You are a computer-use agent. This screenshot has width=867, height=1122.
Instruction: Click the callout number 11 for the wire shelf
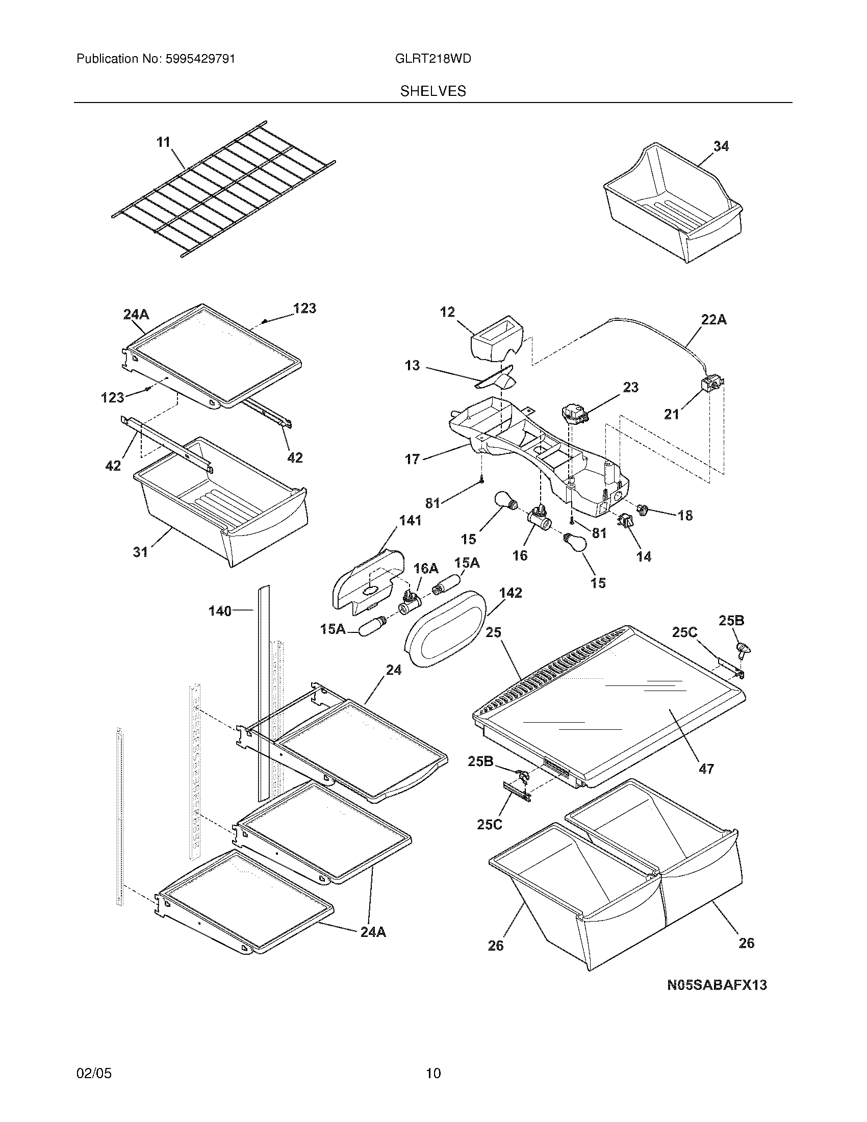[163, 142]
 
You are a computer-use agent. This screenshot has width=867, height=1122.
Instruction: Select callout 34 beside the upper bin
[721, 146]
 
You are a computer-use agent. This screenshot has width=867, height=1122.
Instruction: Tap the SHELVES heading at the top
[433, 91]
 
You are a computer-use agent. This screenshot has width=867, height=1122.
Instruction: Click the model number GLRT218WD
[433, 59]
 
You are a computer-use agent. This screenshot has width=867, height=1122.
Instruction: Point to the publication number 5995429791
[200, 59]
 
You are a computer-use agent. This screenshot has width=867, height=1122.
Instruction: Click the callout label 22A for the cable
[713, 320]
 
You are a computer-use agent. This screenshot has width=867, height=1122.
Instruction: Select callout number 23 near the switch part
[630, 387]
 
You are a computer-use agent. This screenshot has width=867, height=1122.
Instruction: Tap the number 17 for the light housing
[412, 459]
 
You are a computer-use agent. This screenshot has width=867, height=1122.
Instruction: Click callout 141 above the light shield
[410, 520]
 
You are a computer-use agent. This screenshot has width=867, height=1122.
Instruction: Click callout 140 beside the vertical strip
[220, 611]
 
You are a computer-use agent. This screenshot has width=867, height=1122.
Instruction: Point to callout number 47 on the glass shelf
[706, 783]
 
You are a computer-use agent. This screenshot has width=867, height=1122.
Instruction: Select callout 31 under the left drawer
[140, 552]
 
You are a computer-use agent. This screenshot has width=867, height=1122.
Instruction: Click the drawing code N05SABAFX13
[717, 985]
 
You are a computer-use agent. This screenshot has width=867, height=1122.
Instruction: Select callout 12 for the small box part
[447, 312]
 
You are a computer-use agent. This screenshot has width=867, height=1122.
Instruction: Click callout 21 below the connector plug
[671, 414]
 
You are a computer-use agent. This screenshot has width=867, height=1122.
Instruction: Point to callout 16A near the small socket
[426, 568]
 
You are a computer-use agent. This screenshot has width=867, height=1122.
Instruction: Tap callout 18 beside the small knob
[685, 515]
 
